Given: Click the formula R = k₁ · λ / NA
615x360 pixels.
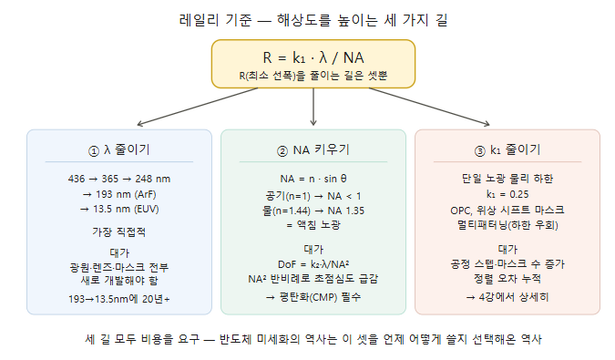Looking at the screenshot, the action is click(x=313, y=57).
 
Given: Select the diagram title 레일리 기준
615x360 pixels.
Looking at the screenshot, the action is click(x=215, y=20).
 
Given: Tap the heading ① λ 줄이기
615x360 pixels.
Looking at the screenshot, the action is click(x=118, y=149).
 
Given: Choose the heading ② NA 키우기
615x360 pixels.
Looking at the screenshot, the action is click(x=313, y=149).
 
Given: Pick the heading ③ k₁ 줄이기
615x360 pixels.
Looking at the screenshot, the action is click(x=507, y=149).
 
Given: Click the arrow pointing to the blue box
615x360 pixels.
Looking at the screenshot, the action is click(x=198, y=107).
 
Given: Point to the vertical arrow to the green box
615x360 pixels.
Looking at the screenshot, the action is click(x=313, y=107).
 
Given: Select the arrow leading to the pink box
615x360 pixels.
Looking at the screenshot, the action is click(x=429, y=107).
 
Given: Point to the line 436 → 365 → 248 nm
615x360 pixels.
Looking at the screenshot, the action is click(x=118, y=179).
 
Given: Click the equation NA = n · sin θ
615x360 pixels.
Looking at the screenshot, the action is click(x=313, y=179).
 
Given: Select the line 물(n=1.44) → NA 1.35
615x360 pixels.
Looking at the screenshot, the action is click(x=313, y=211).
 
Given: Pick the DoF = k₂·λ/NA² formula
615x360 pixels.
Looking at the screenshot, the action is click(x=313, y=264).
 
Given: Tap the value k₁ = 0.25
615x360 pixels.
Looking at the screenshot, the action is click(x=507, y=194).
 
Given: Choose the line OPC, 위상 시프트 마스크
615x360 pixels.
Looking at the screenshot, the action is click(x=507, y=210).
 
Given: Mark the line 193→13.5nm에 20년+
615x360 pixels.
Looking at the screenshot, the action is click(x=118, y=299).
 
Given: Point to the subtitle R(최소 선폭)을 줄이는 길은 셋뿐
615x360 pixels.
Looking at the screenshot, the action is click(x=313, y=75).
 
